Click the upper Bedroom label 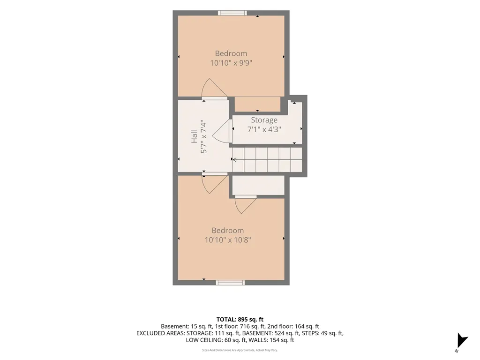(x=231, y=53)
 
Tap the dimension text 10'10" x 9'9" (x=231, y=63)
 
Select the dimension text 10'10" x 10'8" (x=228, y=240)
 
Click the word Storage (x=264, y=120)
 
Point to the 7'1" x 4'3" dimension (x=264, y=129)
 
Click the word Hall (x=194, y=136)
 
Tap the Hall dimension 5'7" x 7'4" (x=203, y=136)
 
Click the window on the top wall (x=232, y=13)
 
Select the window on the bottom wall (x=230, y=283)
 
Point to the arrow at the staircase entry (x=234, y=159)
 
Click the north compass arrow (x=462, y=340)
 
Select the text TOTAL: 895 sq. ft (x=240, y=320)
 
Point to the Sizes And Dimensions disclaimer (x=240, y=350)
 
